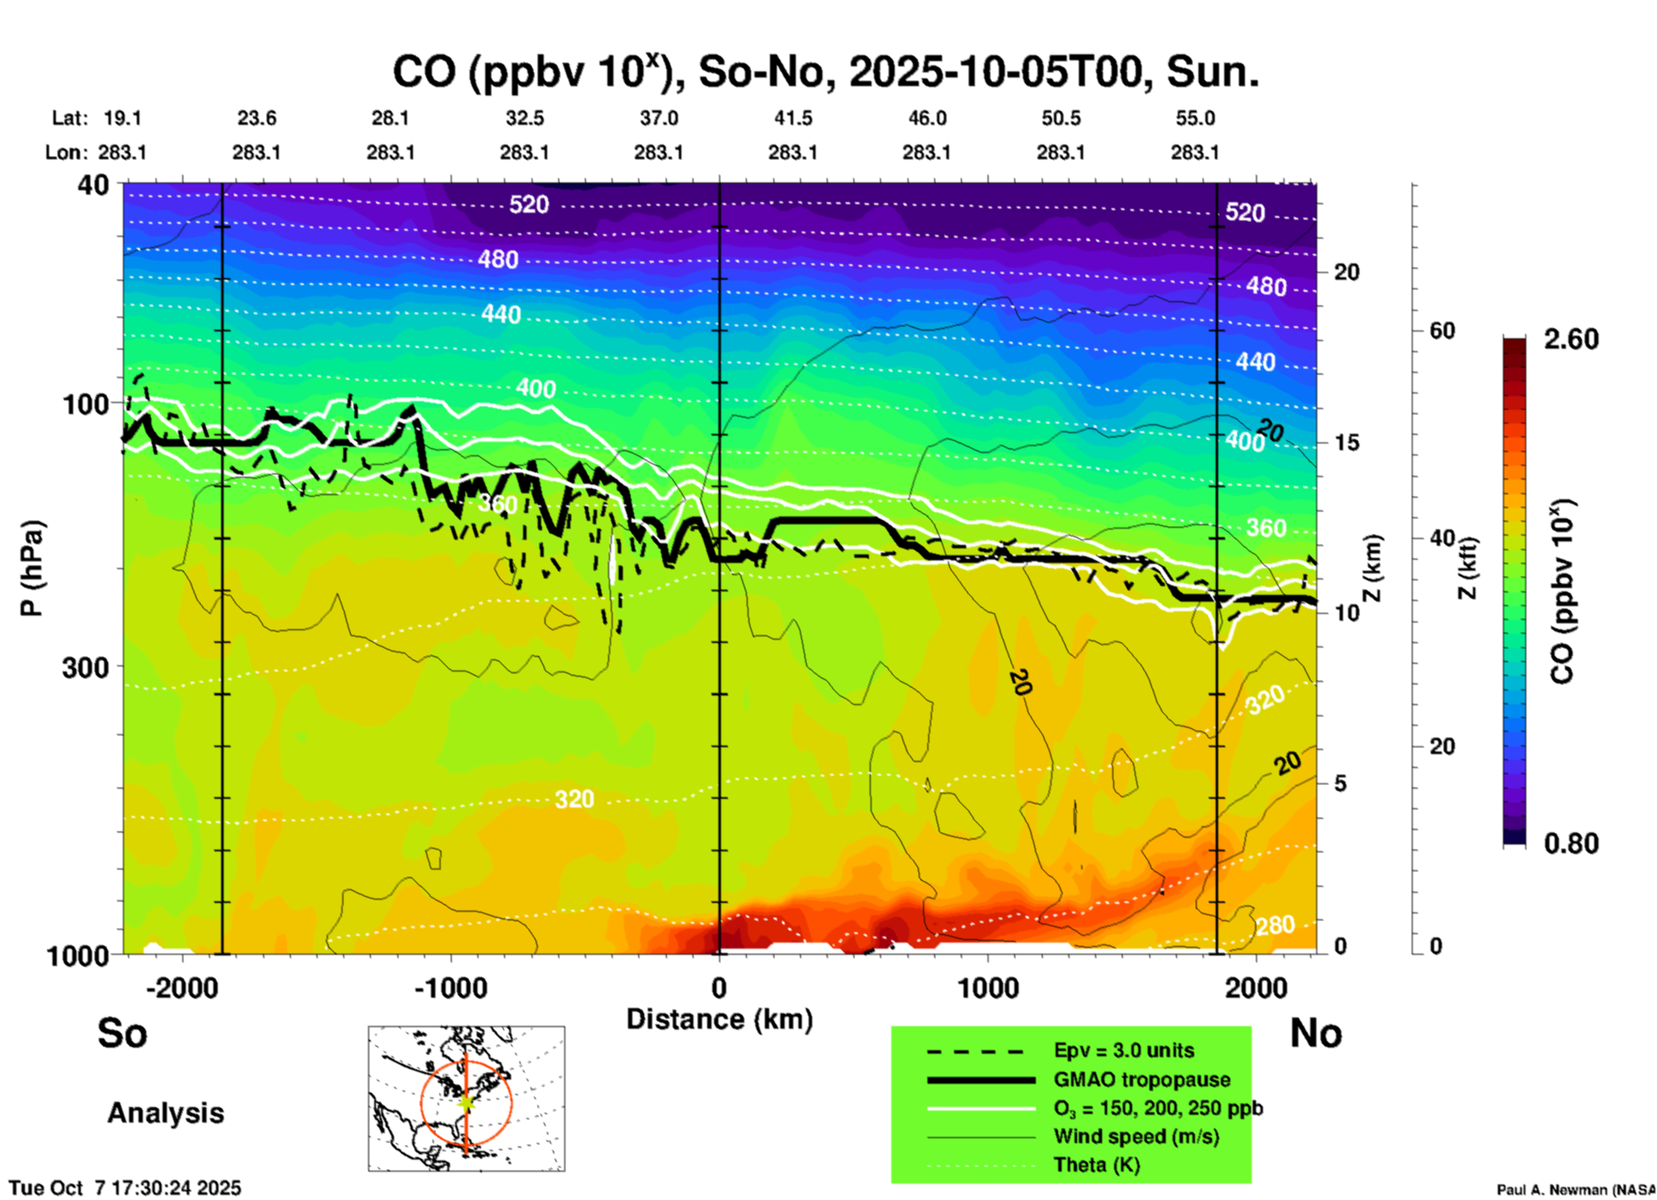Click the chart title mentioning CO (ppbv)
pos(826,71)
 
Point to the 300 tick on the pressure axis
pos(86,667)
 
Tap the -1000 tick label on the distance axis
pos(451,988)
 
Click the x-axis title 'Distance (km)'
pos(719,1019)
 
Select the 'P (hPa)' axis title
pos(31,568)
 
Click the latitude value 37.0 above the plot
pos(659,119)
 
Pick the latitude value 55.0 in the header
pos(1195,119)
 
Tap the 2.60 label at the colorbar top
pos(1571,339)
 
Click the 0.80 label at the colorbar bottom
pos(1571,844)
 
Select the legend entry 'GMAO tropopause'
pos(1142,1079)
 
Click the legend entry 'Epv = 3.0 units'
pos(1124,1051)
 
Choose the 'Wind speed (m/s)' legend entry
pos(1136,1136)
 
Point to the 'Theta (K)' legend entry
pos(1096,1165)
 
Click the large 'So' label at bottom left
pos(122,1033)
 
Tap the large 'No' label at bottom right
pos(1315,1033)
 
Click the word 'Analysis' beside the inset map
pos(165,1113)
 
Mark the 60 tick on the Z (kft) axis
pos(1442,331)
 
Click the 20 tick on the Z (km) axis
pos(1346,272)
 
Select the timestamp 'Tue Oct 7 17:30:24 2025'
pos(126,1188)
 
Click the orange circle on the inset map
pos(422,1103)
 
